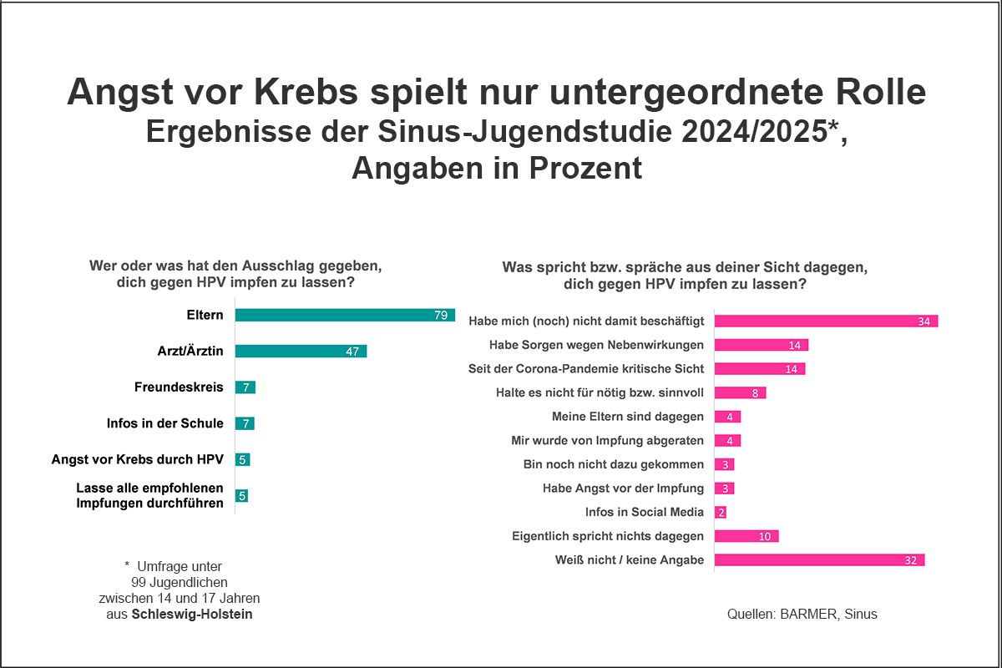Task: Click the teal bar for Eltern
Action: coord(344,315)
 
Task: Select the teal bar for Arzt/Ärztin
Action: coord(301,351)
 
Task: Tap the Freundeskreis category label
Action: coord(179,387)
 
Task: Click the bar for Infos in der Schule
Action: coord(245,423)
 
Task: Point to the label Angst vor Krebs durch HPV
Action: coord(138,459)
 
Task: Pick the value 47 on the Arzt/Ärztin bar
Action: coord(352,352)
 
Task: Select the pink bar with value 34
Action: coord(827,321)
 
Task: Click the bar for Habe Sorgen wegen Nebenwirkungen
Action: coord(762,345)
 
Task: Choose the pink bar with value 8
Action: coord(740,392)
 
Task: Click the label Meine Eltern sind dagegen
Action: coord(628,417)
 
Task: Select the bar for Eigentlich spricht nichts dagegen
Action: coord(746,536)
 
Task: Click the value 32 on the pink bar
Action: coord(910,560)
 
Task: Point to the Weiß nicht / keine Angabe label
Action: coord(630,560)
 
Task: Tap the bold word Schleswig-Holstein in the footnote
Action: coord(192,615)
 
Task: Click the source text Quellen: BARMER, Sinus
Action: coord(802,615)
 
